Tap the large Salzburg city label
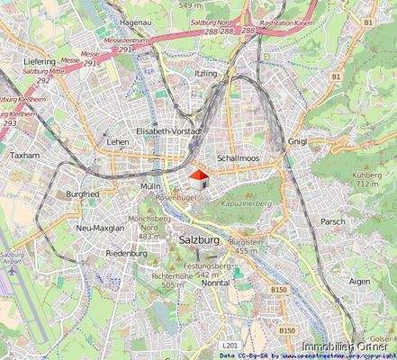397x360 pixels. [199, 240]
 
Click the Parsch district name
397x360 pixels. [332, 221]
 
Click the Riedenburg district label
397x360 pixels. [126, 254]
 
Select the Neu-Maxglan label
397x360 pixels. [100, 229]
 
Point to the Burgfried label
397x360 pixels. [82, 193]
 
